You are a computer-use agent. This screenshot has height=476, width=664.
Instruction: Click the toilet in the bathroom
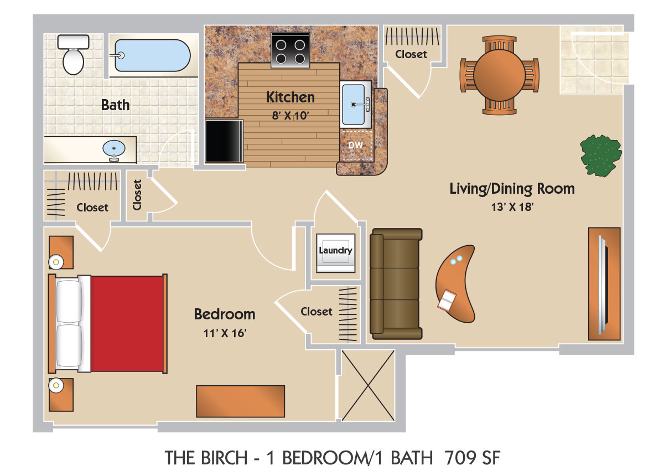pos(73,55)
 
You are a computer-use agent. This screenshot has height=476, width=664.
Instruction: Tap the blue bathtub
pos(153,55)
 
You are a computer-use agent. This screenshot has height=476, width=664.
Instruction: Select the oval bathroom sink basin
pos(114,148)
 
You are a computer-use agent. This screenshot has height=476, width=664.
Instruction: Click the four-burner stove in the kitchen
pos(290,50)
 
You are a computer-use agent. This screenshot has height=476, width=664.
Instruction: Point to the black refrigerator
pos(224,141)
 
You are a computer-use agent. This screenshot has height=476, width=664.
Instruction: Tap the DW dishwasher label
pos(355,145)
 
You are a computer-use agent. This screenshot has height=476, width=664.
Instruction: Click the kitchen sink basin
pos(354,105)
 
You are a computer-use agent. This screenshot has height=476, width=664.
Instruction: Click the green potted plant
pos(601,156)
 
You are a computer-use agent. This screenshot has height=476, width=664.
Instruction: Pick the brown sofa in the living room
pos(396,284)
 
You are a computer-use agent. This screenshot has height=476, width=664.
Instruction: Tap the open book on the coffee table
pos(447,301)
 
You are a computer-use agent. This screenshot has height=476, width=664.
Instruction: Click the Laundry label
pos(335,250)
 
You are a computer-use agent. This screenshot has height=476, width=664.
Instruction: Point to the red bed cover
pos(127,324)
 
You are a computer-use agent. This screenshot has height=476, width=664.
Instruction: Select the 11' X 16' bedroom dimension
pos(225,333)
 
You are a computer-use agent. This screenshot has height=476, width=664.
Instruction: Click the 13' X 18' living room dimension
pos(512,206)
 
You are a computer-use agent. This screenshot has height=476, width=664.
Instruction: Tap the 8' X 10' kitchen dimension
pos(290,115)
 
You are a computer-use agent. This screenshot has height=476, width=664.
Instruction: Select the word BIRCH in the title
pos(225,458)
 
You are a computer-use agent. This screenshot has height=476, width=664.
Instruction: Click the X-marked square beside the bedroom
pos(368,386)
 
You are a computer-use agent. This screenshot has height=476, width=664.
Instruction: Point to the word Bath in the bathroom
pos(115,105)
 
